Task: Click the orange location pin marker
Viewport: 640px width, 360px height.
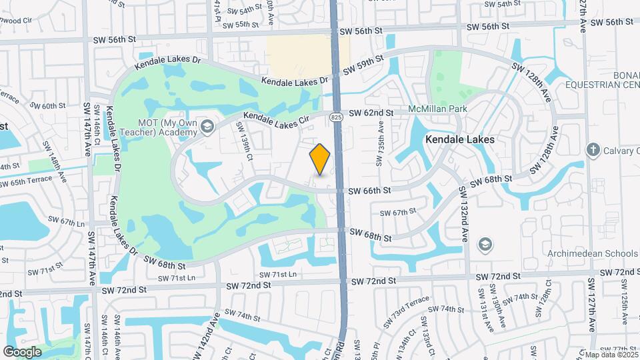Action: (320, 159)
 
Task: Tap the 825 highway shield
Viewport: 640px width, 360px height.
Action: (337, 117)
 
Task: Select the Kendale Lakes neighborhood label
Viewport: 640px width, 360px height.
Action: (461, 140)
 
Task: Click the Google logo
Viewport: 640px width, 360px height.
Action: (23, 351)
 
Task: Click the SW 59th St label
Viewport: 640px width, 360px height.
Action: (363, 65)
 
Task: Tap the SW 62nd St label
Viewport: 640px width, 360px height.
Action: (371, 113)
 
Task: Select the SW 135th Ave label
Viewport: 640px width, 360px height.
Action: (381, 143)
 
